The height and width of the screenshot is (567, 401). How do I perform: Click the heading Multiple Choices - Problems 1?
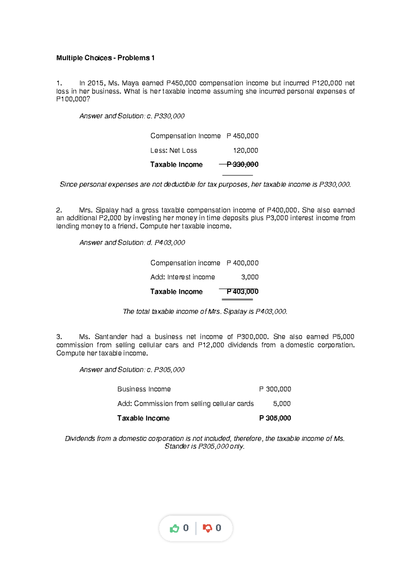click(x=105, y=58)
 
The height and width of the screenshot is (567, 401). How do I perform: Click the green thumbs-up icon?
click(x=174, y=528)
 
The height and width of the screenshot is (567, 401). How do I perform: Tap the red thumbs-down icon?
click(x=208, y=528)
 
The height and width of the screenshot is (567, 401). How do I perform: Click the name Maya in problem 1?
click(x=130, y=83)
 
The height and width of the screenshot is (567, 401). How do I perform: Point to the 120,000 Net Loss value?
click(x=246, y=151)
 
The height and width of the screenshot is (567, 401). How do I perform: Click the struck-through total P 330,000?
click(x=242, y=164)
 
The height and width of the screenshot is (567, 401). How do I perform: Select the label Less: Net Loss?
click(x=173, y=151)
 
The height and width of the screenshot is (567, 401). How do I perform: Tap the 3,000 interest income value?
click(x=250, y=277)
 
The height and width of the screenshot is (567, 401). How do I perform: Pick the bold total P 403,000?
click(x=242, y=292)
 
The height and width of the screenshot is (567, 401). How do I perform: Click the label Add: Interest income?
click(x=182, y=277)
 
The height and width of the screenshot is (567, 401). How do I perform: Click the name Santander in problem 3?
click(x=111, y=337)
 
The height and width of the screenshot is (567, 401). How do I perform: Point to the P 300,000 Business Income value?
click(x=275, y=389)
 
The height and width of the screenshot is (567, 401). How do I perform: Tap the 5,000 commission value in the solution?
click(x=282, y=404)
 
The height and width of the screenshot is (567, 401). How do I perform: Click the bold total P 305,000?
click(x=275, y=418)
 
